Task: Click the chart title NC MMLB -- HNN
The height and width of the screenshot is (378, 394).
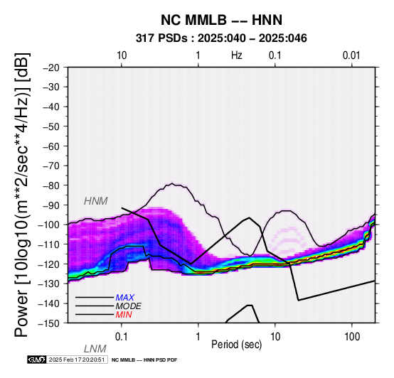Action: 221,20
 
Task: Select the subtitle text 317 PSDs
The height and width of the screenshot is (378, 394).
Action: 162,38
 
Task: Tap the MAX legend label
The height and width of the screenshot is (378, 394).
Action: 125,298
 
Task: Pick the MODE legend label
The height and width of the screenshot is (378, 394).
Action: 129,306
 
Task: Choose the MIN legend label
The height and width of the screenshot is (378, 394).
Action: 124,315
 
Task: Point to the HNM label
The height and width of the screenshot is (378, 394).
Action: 96,201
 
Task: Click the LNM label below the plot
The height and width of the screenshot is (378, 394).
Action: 95,349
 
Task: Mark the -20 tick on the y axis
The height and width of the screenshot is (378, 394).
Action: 51,67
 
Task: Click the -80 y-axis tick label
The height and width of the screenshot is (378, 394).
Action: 51,185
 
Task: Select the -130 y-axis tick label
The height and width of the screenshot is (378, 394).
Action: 49,284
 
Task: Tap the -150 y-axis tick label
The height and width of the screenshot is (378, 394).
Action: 49,323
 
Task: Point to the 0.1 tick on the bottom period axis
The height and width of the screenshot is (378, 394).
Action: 122,337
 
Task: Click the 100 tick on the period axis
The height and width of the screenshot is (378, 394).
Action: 352,337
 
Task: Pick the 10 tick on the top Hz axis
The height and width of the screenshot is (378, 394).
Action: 122,55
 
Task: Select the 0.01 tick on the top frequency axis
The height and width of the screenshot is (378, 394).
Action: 351,55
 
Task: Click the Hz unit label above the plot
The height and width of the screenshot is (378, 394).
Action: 237,55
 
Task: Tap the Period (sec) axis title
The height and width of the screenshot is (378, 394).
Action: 236,345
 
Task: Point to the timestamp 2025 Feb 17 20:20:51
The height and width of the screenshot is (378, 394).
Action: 77,360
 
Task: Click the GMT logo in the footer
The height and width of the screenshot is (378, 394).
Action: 37,360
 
